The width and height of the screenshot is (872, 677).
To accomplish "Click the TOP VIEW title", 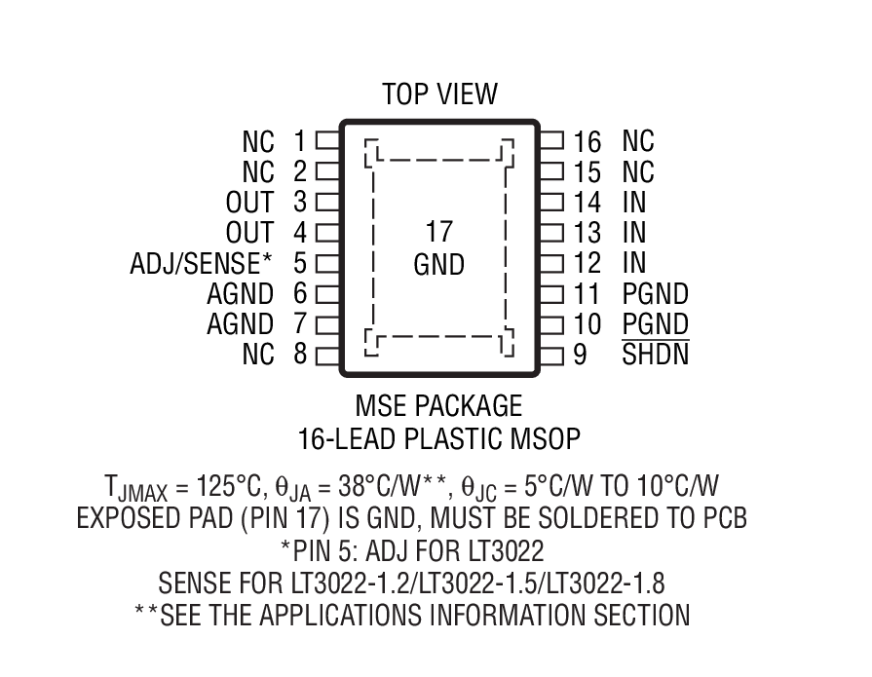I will pos(439,94).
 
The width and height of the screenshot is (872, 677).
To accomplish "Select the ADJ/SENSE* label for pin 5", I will pos(201,263).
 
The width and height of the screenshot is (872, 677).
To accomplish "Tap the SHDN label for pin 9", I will pos(655,355).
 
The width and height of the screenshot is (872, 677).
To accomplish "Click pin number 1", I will pos(299,141).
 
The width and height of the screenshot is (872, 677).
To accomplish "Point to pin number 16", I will pos(588,141).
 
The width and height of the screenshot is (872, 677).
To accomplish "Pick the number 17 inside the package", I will pos(438,233).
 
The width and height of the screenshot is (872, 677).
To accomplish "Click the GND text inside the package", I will pos(438,265).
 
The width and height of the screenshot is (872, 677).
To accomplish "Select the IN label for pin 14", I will pos(634,203).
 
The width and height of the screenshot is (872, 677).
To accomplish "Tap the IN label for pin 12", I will pos(634,263).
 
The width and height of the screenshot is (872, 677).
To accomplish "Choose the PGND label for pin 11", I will pos(655,294).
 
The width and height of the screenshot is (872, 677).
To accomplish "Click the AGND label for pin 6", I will pos(240,294).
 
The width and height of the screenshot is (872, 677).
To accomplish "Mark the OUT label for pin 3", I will pos(249,203).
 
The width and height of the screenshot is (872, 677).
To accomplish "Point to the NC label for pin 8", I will pos(258,355).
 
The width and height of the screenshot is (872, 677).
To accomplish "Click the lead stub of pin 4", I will pos(327,233).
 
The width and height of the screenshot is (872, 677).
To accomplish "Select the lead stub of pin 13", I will pos(551,233).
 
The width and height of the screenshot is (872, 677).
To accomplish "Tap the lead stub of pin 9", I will pos(551,355).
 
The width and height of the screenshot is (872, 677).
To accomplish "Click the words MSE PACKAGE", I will pos(438,405).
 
